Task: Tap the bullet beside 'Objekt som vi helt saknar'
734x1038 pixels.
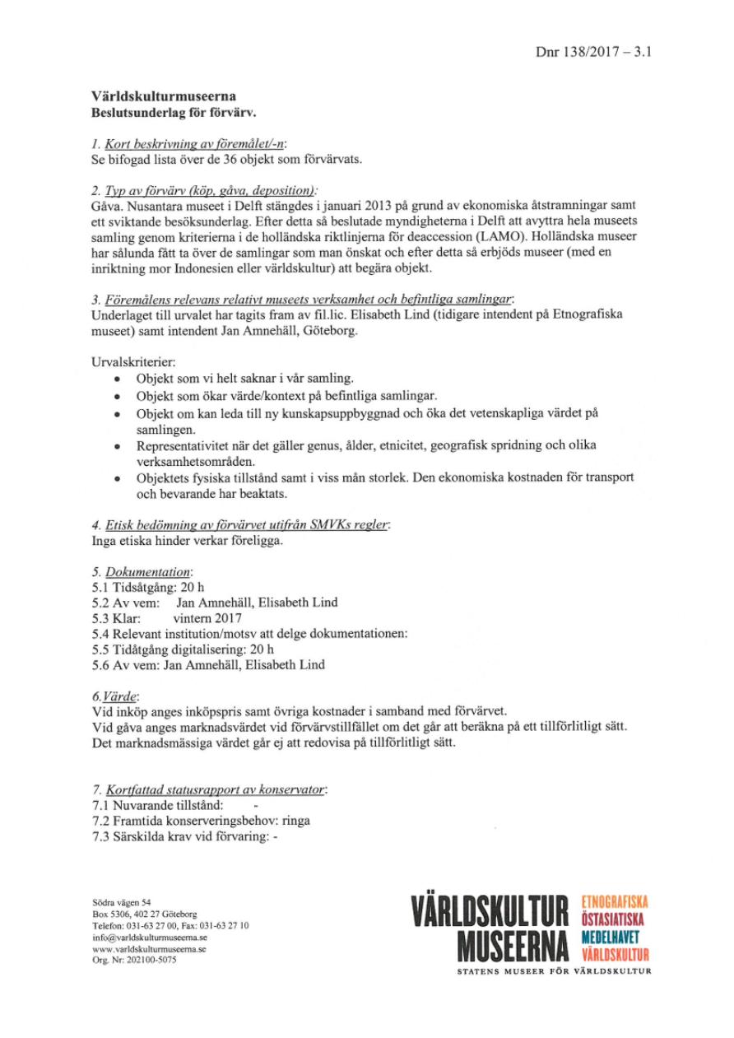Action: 120,379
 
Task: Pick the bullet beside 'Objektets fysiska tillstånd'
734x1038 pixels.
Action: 120,477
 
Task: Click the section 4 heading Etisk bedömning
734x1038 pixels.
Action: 239,524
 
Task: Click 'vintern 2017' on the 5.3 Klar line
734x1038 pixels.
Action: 201,618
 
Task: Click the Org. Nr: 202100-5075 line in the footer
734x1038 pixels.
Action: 134,960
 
